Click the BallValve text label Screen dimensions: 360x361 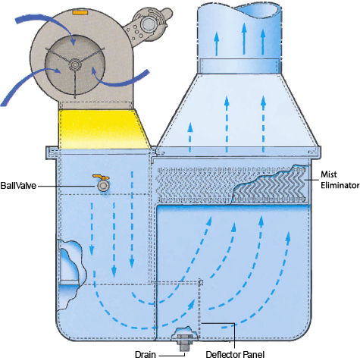coord(18,186)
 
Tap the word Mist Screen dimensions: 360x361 coord(329,174)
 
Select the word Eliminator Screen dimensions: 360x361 coord(340,185)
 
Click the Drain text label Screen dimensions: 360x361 coord(146,354)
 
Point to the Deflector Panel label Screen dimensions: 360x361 coord(235,354)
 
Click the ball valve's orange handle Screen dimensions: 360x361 coord(101,177)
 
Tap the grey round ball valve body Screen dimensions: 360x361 coord(103,186)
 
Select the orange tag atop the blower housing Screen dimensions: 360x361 coord(80,12)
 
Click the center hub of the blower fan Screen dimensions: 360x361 coord(75,64)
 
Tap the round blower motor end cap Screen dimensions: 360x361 coord(147,24)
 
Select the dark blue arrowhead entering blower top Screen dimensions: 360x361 coord(74,41)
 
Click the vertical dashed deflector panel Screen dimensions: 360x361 coord(199,309)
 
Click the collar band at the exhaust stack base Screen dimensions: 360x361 coord(239,66)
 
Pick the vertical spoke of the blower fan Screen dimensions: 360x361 coord(75,83)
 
